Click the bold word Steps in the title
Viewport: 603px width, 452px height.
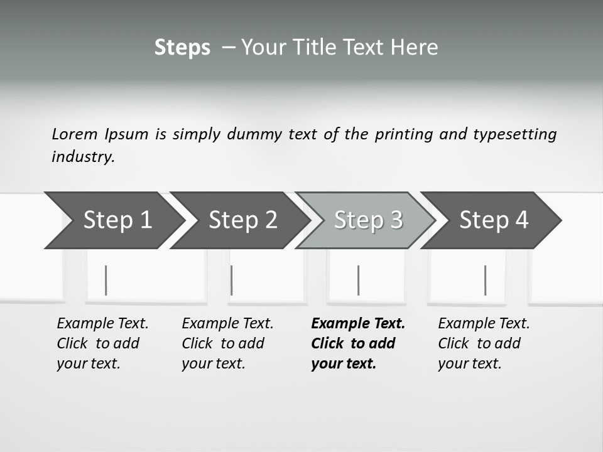(182, 47)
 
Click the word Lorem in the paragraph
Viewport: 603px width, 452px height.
(75, 134)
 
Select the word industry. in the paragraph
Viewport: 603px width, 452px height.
(83, 156)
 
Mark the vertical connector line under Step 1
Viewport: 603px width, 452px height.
(106, 280)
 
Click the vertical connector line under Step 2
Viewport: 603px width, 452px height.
(232, 280)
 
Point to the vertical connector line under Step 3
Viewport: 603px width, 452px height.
(358, 280)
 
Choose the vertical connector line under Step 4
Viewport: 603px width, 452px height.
(485, 280)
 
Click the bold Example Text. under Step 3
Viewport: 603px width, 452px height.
(358, 323)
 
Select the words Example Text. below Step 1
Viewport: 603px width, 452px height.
(102, 323)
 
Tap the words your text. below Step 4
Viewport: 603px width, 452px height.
(469, 363)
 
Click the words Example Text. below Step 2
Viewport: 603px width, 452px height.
(227, 323)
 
